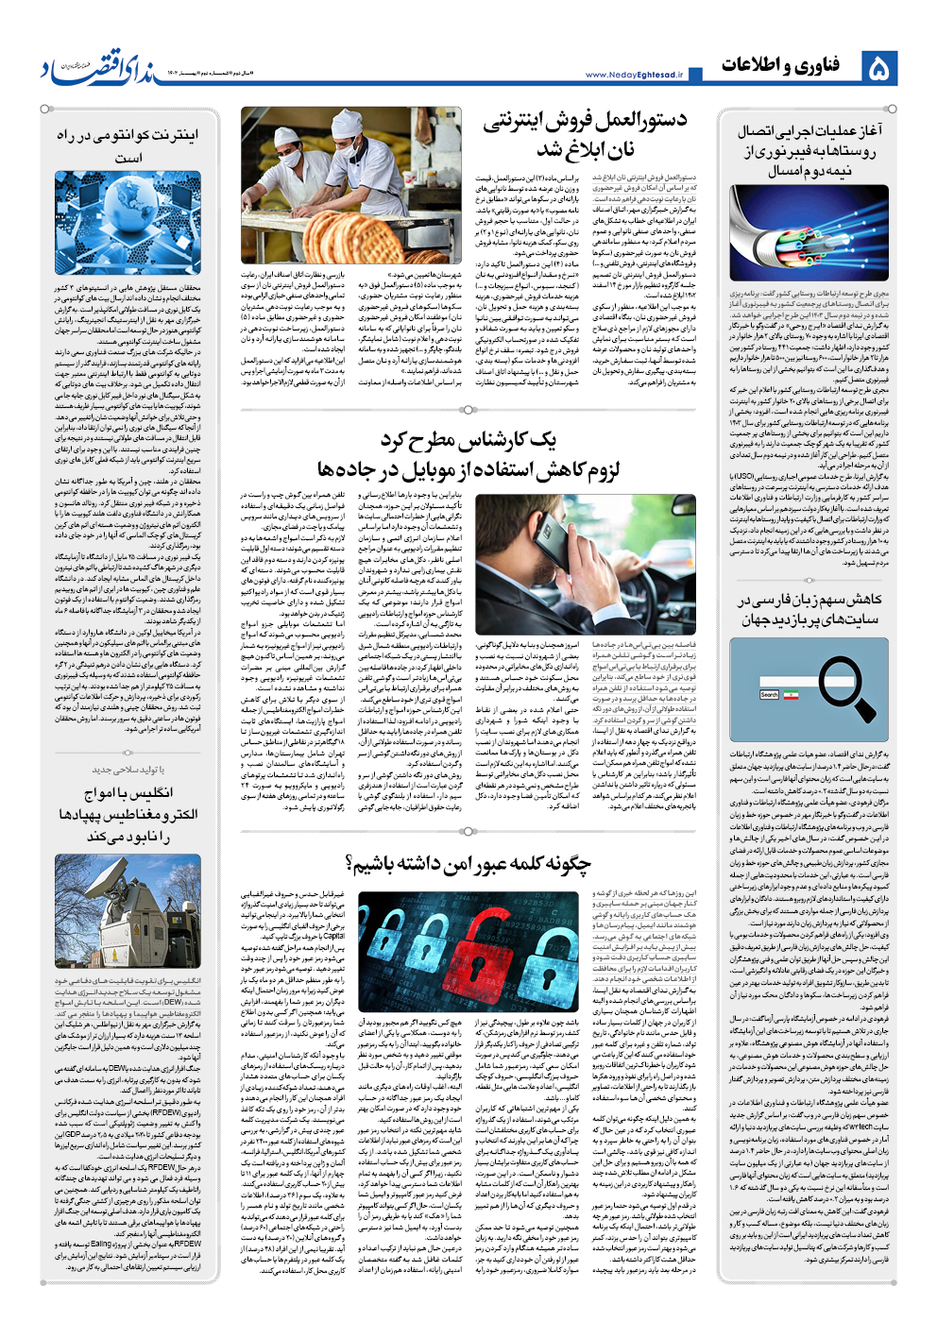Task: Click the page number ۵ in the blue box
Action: point(878,68)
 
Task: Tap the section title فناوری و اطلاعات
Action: point(780,65)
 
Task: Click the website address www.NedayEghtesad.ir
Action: point(634,75)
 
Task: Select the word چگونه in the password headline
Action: point(561,863)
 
